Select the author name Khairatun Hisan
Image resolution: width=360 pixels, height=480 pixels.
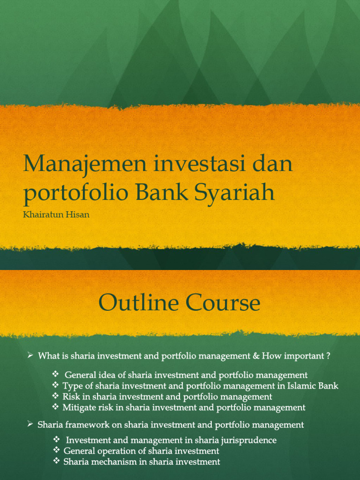[56, 215]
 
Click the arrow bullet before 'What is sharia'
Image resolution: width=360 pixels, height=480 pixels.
[30, 356]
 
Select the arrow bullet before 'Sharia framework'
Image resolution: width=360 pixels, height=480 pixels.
[30, 424]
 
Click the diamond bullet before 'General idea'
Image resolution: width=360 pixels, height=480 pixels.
[55, 374]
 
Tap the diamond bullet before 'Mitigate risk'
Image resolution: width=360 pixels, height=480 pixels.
[55, 407]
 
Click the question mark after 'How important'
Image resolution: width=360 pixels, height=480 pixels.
[328, 356]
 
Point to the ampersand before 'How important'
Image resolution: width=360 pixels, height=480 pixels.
[256, 356]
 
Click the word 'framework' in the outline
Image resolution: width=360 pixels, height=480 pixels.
[85, 425]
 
